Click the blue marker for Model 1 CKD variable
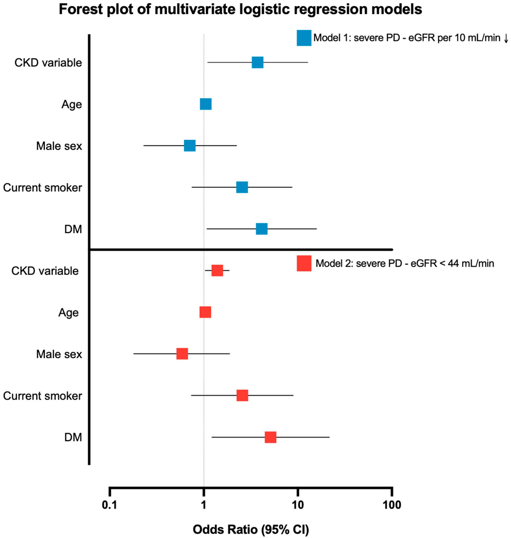tap(257, 62)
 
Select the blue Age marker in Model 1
tap(206, 104)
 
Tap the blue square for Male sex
tap(190, 146)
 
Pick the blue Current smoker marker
tap(242, 187)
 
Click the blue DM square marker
tap(261, 229)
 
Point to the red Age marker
tap(205, 312)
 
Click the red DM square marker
tap(270, 437)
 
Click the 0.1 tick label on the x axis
tap(109, 505)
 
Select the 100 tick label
tap(392, 505)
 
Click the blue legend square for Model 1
tap(304, 38)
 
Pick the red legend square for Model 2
tap(304, 263)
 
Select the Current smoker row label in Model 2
tap(43, 396)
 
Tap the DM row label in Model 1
tap(73, 229)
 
